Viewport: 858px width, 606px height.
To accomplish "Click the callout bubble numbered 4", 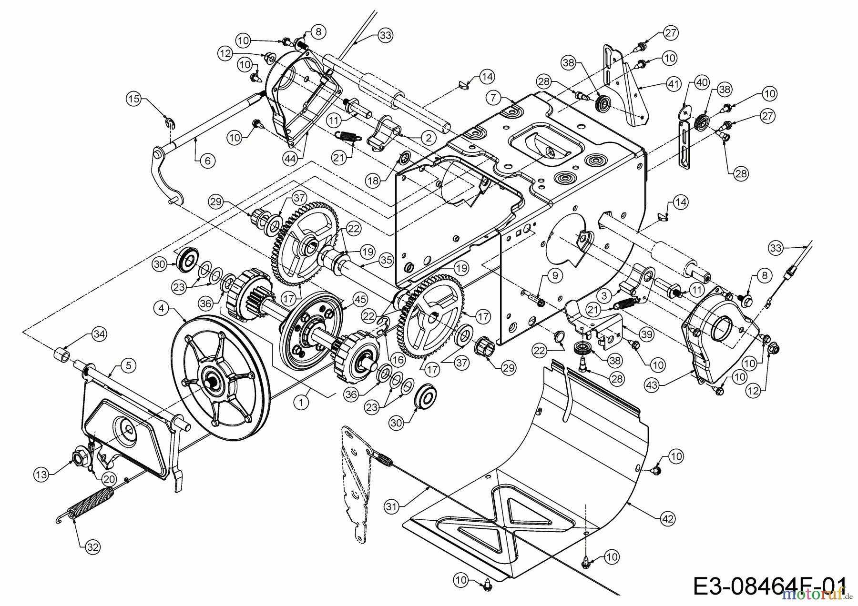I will pos(162,308).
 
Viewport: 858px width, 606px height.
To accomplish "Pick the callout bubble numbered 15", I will pos(133,99).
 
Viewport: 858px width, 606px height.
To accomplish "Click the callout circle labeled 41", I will pos(673,85).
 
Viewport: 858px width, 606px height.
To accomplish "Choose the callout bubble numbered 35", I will pos(387,261).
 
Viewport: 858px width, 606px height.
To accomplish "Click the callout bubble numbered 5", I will pos(128,366).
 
